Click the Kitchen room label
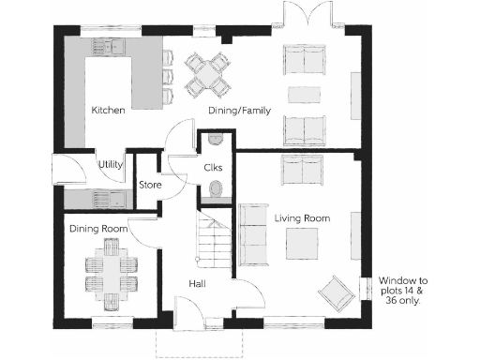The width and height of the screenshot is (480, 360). click(x=108, y=111)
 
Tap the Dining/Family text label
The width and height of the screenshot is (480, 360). click(x=239, y=111)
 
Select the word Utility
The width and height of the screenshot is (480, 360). click(x=111, y=165)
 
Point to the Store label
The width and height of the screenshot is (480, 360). click(x=150, y=185)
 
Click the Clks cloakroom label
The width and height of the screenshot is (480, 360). click(x=212, y=167)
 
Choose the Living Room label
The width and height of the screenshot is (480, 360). click(x=302, y=218)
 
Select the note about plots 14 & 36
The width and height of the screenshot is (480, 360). click(x=403, y=291)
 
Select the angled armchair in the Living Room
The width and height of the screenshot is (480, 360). click(x=336, y=294)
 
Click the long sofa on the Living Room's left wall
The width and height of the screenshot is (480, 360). click(x=250, y=231)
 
